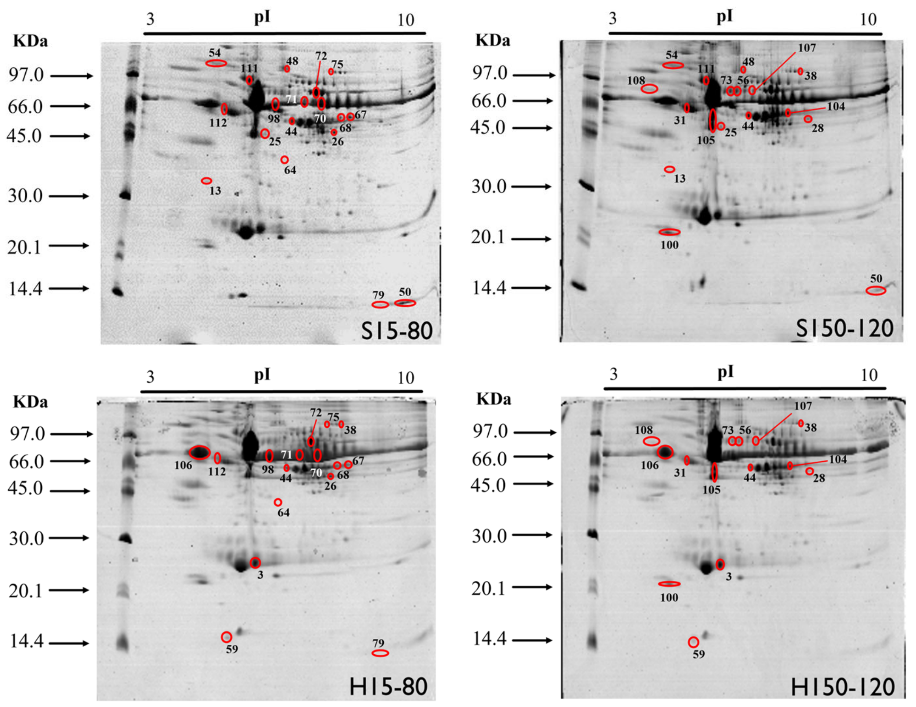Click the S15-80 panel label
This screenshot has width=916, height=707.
point(396,330)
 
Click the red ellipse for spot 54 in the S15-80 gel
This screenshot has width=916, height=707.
point(216,63)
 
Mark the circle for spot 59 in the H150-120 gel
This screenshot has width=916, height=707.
point(693,642)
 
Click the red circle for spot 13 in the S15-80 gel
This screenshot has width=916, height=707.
point(206,181)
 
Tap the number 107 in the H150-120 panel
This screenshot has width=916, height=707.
point(803,406)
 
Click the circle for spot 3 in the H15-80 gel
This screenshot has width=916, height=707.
point(255,562)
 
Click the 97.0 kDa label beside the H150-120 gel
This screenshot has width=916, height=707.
point(490,431)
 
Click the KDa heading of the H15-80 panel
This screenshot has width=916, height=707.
point(30,402)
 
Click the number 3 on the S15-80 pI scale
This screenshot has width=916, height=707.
point(150,19)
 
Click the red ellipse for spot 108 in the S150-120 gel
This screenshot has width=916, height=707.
point(649,88)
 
